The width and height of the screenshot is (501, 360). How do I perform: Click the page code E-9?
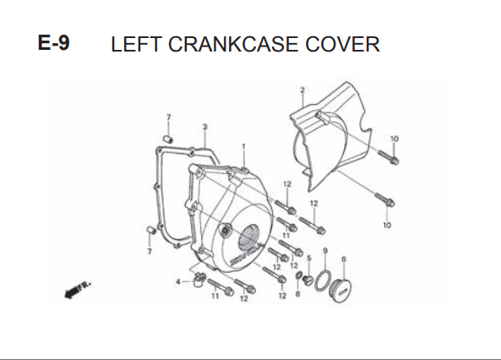point(53,42)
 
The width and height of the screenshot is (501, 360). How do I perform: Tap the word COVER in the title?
point(342,44)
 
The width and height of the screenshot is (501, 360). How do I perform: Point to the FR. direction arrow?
point(78,289)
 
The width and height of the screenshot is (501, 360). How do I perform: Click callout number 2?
point(302,90)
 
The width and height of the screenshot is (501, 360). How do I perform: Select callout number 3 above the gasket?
point(204,127)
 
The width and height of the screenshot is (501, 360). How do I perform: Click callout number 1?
point(243,146)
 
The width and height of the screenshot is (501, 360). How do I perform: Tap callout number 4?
point(178,281)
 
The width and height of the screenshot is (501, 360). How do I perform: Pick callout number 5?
point(309,258)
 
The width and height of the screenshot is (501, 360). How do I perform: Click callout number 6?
point(344,259)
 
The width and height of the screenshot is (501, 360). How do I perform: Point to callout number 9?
point(325,251)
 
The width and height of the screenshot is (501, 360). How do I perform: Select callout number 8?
point(297,293)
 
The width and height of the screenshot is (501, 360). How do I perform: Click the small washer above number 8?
point(299,275)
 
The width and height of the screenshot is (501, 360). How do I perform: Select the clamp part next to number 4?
point(199,280)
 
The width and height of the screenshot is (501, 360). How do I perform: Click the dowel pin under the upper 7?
point(168,139)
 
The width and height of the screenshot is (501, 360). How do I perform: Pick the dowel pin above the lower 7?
point(151,230)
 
